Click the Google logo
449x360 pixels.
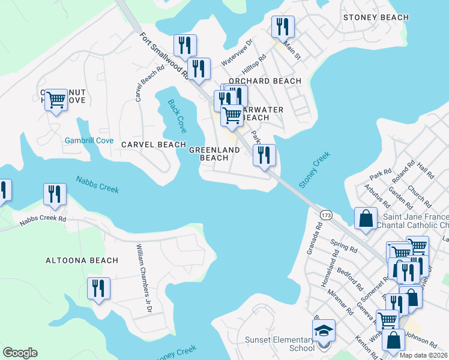(x=20, y=353)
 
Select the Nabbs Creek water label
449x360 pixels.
(x=97, y=184)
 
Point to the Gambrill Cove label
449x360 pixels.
(x=89, y=140)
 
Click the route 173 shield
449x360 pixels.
(x=326, y=214)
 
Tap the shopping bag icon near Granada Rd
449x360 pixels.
(x=366, y=220)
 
